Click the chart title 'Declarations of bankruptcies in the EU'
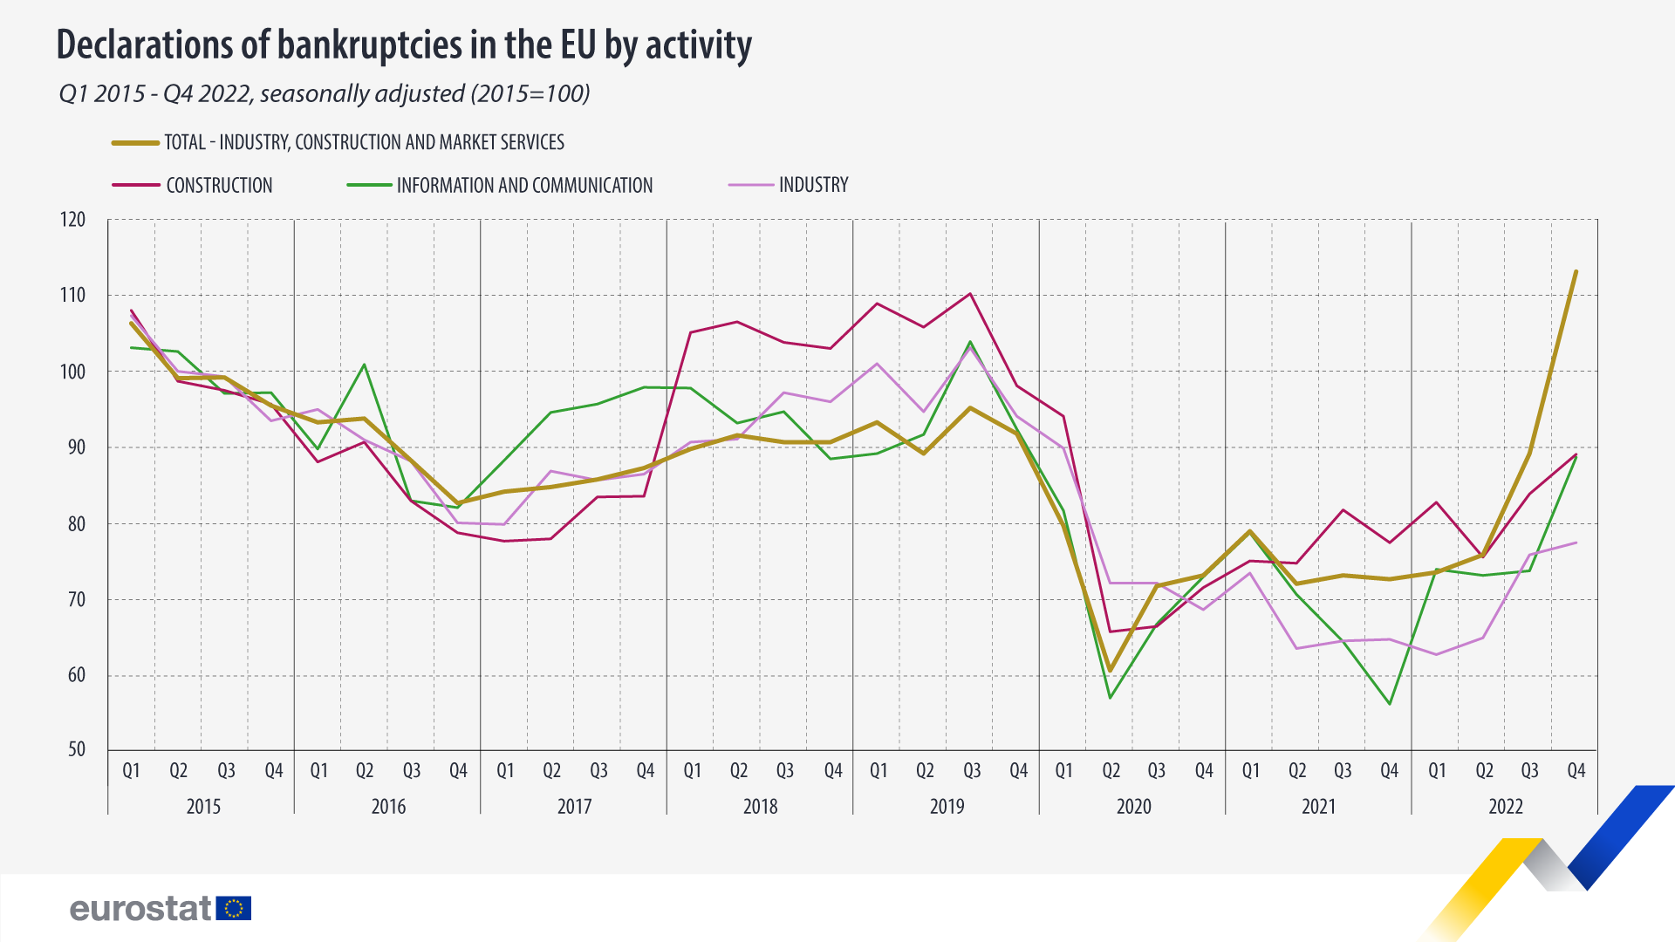click(403, 45)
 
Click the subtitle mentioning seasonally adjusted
click(324, 93)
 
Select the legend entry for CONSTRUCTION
click(219, 185)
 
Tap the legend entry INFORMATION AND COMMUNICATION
click(523, 185)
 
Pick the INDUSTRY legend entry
click(813, 185)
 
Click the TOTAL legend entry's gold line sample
click(135, 142)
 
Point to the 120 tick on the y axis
click(73, 220)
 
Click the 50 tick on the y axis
click(77, 750)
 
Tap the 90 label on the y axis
click(77, 447)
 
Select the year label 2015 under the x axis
click(203, 807)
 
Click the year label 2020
click(1133, 807)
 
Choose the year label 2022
click(1506, 807)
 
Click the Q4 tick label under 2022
click(1576, 771)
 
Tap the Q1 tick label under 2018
click(692, 771)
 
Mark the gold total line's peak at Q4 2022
click(1576, 271)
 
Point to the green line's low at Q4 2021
click(1390, 704)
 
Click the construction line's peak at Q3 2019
click(970, 294)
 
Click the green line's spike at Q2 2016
click(365, 365)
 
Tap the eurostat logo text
click(140, 909)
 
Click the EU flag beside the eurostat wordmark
click(234, 909)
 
